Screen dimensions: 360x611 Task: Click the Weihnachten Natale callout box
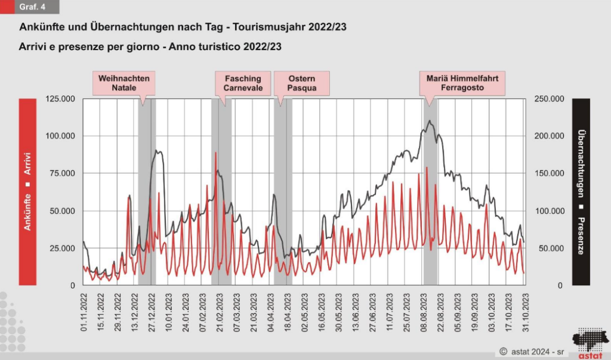click(124, 83)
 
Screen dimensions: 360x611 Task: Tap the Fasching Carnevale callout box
click(243, 83)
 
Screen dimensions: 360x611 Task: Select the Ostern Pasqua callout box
click(302, 83)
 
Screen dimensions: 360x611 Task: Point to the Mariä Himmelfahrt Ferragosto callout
click(462, 83)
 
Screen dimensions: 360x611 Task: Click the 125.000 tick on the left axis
click(60, 99)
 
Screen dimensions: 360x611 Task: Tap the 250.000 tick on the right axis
click(550, 99)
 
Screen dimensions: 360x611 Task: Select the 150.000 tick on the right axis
click(550, 173)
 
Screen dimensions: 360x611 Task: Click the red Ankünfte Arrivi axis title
click(27, 192)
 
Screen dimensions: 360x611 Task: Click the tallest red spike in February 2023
click(216, 153)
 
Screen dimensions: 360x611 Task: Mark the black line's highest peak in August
click(429, 121)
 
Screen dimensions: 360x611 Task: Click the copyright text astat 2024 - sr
click(532, 352)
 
